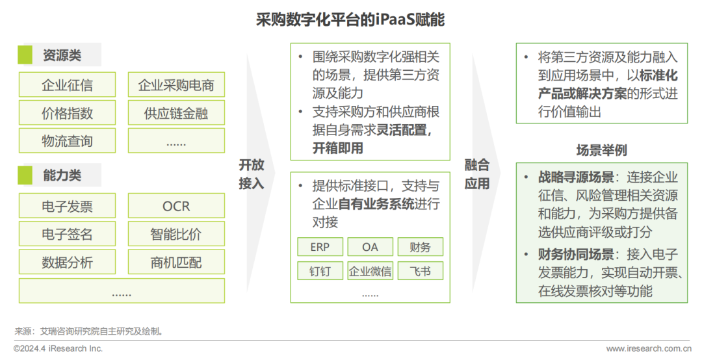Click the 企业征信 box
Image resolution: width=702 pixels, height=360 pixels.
67,85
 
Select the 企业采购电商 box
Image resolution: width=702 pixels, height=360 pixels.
176,85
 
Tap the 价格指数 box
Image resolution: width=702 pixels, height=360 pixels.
67,113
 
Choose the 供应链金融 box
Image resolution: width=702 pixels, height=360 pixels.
176,113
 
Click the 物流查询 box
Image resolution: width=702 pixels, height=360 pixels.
67,141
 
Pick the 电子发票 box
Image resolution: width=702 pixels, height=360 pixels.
67,206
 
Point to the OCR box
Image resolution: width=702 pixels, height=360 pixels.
176,206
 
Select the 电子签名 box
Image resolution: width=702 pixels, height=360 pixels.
67,234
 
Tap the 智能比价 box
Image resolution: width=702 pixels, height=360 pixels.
176,234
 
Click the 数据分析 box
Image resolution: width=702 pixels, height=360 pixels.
67,263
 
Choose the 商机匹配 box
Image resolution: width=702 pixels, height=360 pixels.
176,263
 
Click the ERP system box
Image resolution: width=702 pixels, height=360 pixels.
320,247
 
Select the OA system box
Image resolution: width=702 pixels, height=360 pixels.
370,247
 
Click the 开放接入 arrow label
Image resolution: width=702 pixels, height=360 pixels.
252,174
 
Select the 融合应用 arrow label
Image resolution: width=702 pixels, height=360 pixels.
477,174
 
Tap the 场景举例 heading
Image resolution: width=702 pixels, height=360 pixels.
601,150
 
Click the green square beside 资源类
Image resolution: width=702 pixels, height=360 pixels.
25,55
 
